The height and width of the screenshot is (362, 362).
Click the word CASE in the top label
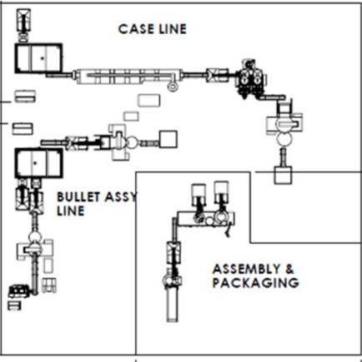coord(136,29)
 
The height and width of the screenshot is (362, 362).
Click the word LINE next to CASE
coord(173,29)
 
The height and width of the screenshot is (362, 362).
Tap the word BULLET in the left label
coord(78,197)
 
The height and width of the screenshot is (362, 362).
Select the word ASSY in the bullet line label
coord(121,197)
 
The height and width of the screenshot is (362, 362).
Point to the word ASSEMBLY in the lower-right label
coord(247,269)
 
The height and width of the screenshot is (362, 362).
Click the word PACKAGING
coord(255,283)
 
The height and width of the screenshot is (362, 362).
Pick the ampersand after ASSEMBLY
coord(289,269)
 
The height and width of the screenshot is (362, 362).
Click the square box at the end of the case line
coord(283,176)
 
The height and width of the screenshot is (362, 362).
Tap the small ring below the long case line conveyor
coord(173,87)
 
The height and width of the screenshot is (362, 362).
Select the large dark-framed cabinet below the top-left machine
coord(38,58)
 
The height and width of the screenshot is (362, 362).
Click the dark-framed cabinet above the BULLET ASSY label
coord(38,163)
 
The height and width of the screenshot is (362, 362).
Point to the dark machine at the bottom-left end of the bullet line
coord(18,291)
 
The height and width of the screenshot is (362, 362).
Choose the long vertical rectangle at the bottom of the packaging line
coord(173,305)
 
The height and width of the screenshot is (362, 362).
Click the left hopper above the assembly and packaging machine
coord(199,191)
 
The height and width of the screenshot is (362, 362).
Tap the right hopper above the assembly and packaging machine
coord(222,190)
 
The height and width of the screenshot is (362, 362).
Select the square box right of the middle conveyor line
coord(168,139)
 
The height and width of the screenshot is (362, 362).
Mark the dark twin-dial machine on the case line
coord(251,78)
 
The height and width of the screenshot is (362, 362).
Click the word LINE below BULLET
coord(71,211)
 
